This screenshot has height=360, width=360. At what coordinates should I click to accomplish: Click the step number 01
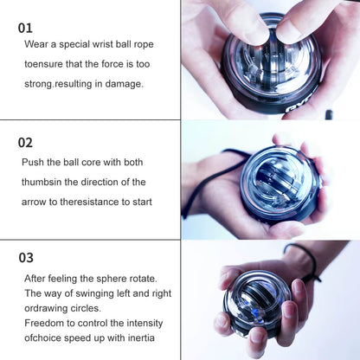26,28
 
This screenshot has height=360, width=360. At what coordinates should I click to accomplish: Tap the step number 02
26,142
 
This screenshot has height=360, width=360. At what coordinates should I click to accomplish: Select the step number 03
26,257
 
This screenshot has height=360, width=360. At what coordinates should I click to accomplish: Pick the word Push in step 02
35,162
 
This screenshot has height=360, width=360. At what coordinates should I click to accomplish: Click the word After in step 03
37,278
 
